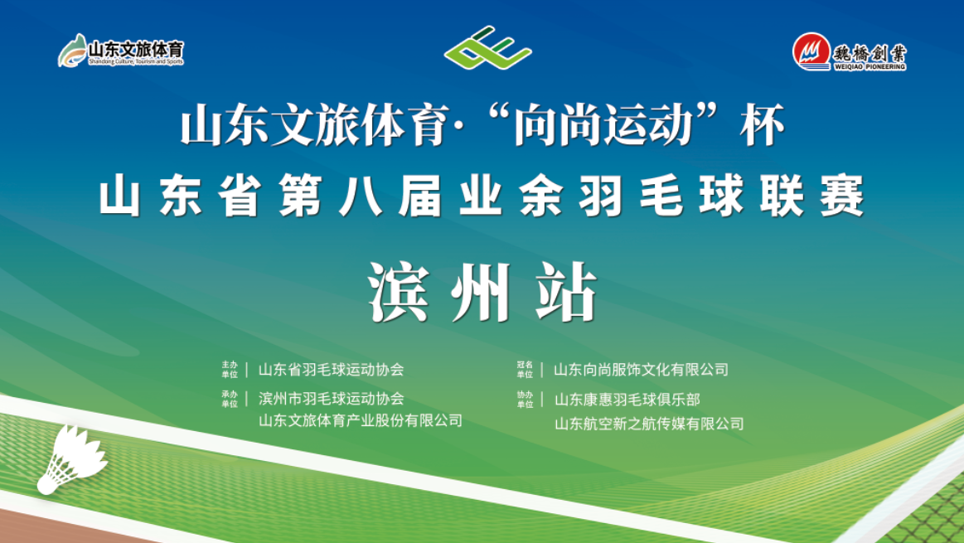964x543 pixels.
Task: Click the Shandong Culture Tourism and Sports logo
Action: (x=121, y=51)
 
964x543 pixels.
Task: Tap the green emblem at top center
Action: (x=487, y=47)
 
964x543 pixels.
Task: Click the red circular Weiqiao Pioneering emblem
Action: (x=811, y=51)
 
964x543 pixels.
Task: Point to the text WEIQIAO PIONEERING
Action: (x=870, y=66)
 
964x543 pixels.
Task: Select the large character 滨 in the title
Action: (x=398, y=293)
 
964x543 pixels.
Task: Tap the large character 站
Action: (x=566, y=293)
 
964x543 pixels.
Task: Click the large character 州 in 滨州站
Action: (x=482, y=293)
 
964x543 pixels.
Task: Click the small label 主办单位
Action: (x=230, y=370)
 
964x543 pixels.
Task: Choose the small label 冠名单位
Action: (x=525, y=370)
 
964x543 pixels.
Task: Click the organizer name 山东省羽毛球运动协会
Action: (x=331, y=370)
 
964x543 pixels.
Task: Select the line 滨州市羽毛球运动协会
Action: (x=331, y=399)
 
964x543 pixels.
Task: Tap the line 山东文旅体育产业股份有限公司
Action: (x=361, y=420)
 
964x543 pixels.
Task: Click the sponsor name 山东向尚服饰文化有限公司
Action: (x=641, y=370)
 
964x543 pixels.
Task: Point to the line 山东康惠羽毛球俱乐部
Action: (x=627, y=400)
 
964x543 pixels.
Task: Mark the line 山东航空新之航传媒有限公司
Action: (x=649, y=424)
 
